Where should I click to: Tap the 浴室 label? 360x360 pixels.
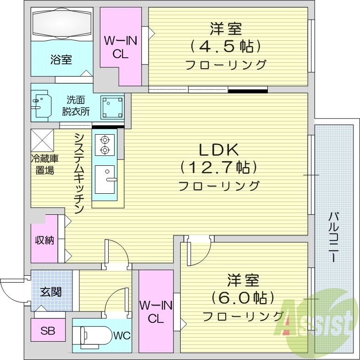(61, 60)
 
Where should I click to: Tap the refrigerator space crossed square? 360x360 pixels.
(42, 140)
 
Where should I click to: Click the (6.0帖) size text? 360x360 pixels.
(243, 298)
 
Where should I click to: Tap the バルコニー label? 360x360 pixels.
(334, 237)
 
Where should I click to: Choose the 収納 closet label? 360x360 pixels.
(44, 240)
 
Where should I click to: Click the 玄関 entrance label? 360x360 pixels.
(50, 291)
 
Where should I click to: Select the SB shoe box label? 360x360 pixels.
(47, 331)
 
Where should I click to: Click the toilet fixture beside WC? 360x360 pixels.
(94, 335)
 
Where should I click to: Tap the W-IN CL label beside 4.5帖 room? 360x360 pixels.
(121, 47)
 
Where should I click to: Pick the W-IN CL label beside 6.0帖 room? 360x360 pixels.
(156, 311)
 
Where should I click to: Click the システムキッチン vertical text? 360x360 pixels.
(79, 173)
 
